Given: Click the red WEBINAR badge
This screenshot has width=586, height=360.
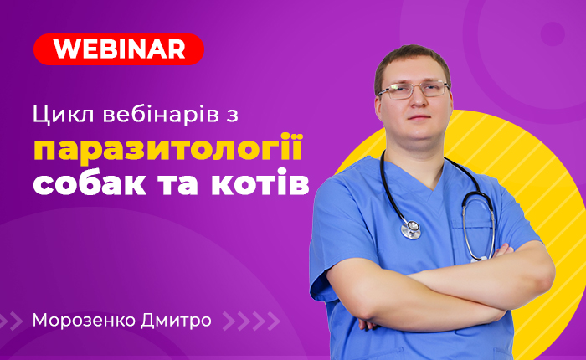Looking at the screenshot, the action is pos(119,49).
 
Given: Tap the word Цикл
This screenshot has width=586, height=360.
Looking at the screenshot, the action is pos(63,115).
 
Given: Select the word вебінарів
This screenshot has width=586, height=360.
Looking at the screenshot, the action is pos(161,114).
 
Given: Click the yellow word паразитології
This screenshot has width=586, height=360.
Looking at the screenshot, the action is pos(167,148).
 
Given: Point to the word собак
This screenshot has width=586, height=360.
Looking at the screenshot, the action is pos(90,182).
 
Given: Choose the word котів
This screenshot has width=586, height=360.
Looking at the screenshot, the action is pos(260,182).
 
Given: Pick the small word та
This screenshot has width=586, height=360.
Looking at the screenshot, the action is pos(178,184).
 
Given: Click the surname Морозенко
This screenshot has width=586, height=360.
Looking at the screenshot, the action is pos(84,321).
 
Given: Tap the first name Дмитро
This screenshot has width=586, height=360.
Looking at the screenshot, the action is pos(176,321).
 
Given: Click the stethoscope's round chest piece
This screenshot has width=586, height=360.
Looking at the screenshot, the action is pos(411,229).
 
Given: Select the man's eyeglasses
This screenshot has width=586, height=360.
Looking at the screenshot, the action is pos(413,90).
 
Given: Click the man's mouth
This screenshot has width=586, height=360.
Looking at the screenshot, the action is pos(419,117).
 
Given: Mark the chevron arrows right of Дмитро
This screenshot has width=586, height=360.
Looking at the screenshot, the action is pos(251,321).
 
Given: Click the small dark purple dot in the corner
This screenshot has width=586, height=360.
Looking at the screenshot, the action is pos(553,34).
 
